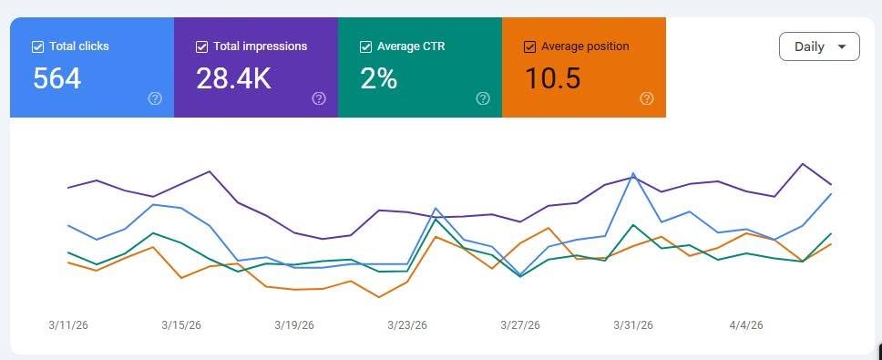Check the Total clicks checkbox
37,46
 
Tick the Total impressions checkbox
201,46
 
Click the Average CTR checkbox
365,46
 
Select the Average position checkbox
529,46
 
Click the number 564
56,78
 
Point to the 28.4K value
233,78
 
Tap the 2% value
378,78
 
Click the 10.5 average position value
552,78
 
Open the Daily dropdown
819,46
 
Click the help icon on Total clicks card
155,99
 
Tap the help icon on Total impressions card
319,99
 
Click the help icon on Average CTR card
483,99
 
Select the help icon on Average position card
647,99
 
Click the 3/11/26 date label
68,325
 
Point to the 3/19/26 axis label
294,325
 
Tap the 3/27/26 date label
520,325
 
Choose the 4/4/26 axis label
746,325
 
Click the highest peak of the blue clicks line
633,173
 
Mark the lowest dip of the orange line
379,297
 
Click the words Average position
585,46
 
